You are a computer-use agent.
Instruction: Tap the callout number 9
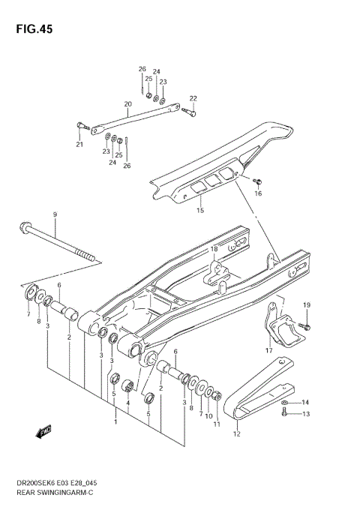[55, 215]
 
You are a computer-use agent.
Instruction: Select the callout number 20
[127, 104]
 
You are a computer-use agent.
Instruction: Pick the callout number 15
[199, 211]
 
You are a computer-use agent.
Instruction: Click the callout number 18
[214, 249]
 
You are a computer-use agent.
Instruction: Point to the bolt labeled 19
[306, 327]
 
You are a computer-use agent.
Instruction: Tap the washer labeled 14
[286, 403]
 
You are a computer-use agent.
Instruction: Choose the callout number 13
[305, 413]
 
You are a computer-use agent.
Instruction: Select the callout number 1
[115, 422]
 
